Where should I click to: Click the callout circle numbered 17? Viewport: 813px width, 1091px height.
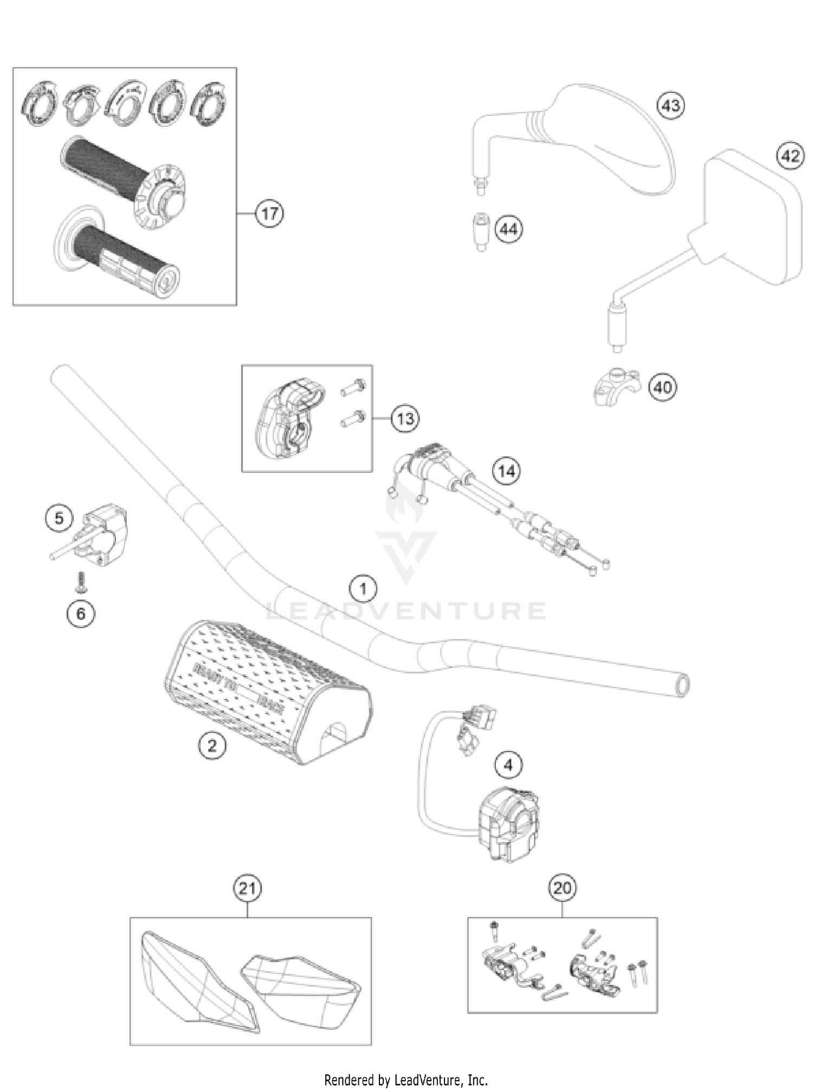[269, 214]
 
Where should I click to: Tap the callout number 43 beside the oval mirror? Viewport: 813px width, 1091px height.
[670, 105]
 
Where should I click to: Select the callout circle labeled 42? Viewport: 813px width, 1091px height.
[790, 156]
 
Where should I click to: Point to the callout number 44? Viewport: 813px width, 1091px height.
[508, 230]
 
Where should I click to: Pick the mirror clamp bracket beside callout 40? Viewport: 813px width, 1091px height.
[616, 387]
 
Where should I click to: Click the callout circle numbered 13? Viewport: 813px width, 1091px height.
[405, 418]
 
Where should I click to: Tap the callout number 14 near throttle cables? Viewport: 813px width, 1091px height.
[506, 471]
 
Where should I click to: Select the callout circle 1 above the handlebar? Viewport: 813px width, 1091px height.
[363, 589]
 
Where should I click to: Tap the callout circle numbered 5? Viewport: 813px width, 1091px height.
[59, 518]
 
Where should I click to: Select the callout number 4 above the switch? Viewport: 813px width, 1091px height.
[508, 765]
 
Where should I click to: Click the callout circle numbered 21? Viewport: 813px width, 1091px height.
[247, 888]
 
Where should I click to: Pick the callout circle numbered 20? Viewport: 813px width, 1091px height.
[562, 888]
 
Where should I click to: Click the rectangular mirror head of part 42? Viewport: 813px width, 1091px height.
[753, 217]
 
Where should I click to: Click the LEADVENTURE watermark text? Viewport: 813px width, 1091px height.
[406, 611]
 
